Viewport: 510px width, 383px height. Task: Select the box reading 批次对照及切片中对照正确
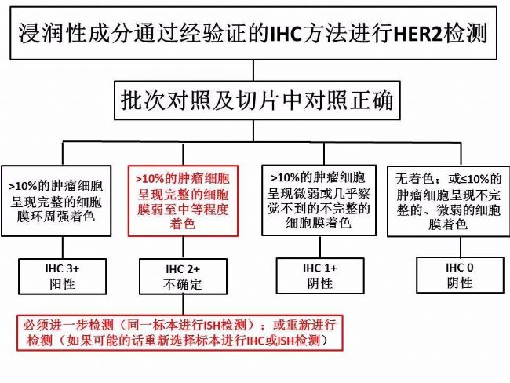click(x=257, y=100)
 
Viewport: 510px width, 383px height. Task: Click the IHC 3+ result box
click(x=63, y=276)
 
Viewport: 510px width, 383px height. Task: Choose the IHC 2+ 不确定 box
click(x=183, y=276)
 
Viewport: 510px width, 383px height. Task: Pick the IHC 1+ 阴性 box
click(x=320, y=276)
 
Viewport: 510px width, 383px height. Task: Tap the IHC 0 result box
click(x=460, y=275)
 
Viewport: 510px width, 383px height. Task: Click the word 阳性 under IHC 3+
click(x=62, y=284)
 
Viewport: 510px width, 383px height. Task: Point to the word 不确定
click(x=183, y=285)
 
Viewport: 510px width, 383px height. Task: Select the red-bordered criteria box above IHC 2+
click(x=183, y=201)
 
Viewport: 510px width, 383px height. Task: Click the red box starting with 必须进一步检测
click(x=180, y=333)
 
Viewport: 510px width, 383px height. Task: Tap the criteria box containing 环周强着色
click(x=56, y=201)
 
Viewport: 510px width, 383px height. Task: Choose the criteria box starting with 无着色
click(x=449, y=201)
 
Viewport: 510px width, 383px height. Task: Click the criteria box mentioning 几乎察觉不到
click(x=319, y=200)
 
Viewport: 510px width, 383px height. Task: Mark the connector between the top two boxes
click(x=253, y=71)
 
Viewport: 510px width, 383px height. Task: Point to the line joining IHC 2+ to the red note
click(x=183, y=305)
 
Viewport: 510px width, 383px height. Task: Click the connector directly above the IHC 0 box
click(x=461, y=247)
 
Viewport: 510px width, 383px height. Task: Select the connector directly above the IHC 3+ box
click(x=63, y=247)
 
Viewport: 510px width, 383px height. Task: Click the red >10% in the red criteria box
click(x=150, y=179)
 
